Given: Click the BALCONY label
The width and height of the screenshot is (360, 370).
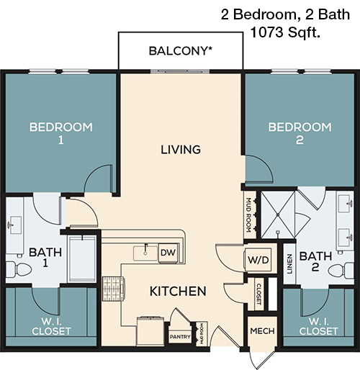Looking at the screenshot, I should (181, 51).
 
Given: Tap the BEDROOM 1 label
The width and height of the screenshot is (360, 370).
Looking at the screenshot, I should (60, 134).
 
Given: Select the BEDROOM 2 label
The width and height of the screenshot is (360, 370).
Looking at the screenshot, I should (300, 134).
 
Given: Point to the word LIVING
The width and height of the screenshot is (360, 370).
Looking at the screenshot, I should (180, 150).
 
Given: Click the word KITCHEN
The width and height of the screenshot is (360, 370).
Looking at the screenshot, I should (178, 292).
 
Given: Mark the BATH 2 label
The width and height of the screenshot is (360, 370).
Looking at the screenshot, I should (314, 261).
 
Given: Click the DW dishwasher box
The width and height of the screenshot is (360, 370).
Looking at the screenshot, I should (167, 252).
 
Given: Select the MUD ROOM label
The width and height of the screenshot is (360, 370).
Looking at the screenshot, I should (248, 212).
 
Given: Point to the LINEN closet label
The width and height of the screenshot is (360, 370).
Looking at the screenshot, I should (288, 263).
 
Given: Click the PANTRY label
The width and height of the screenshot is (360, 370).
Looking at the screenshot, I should (179, 336).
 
